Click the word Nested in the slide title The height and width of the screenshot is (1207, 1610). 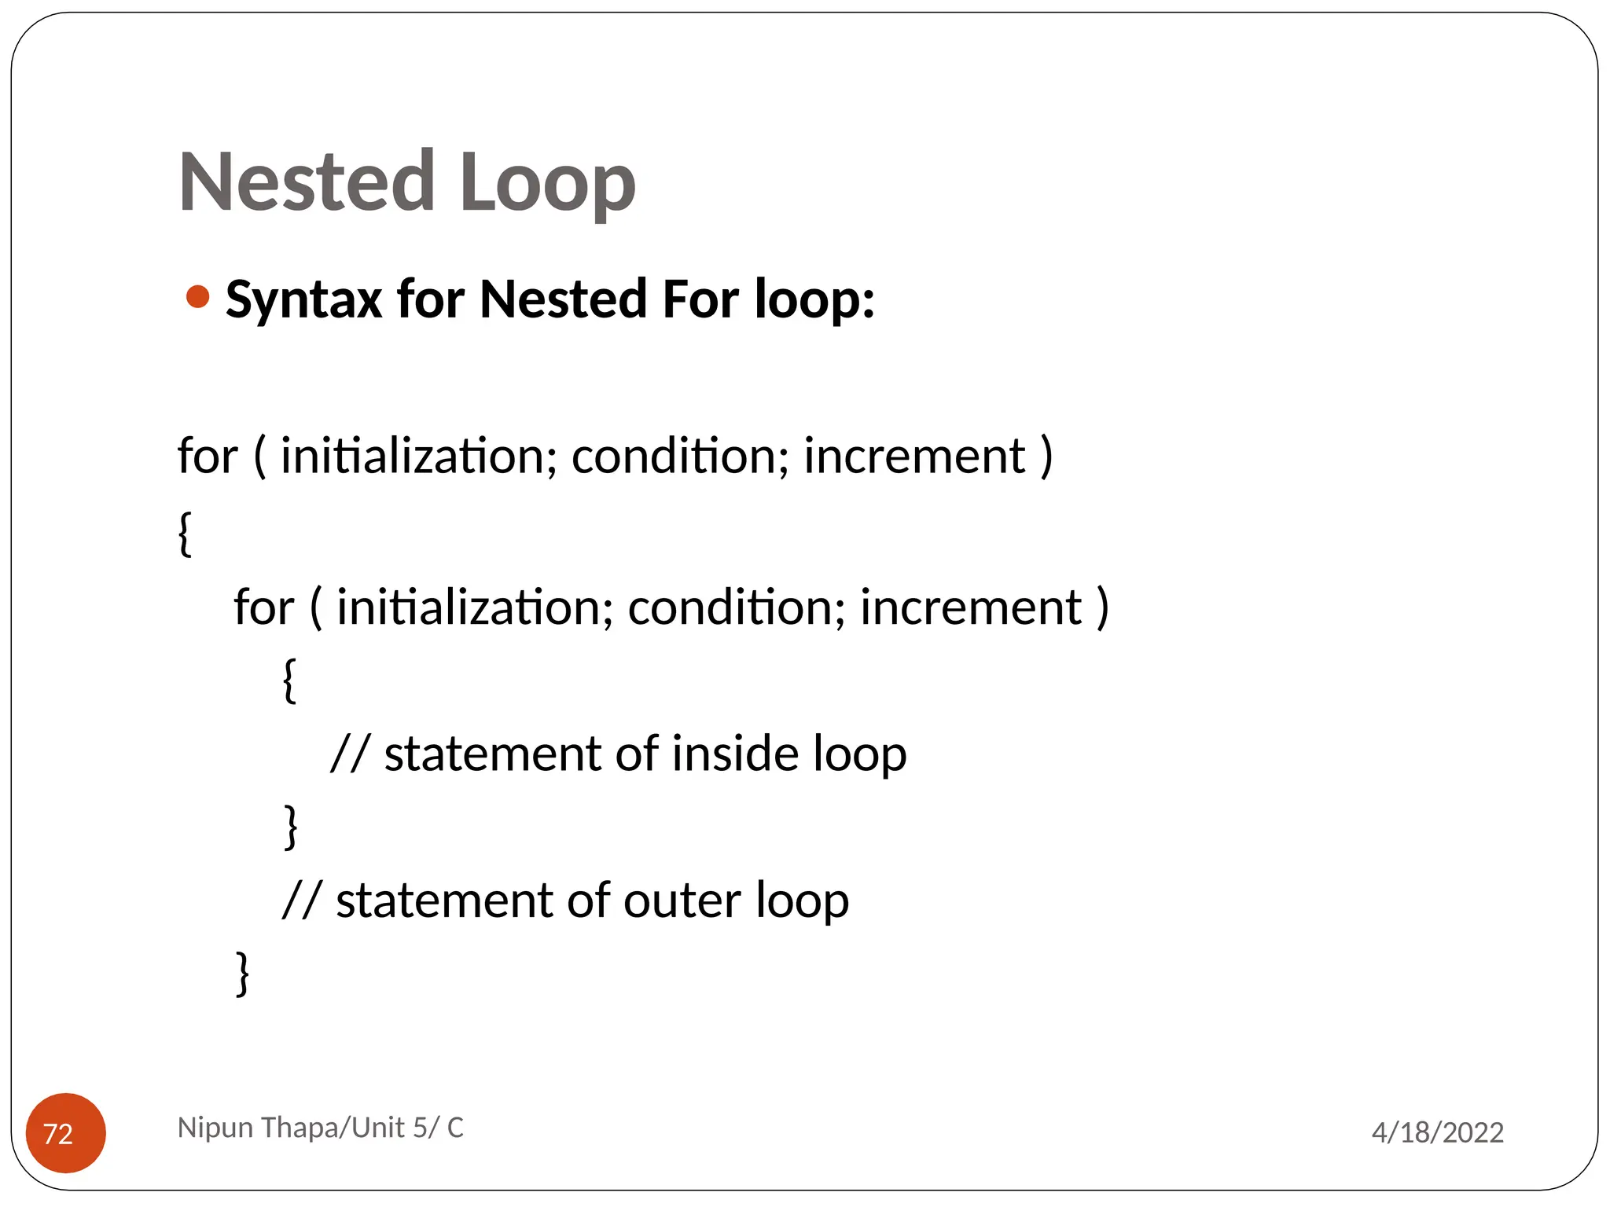[307, 182]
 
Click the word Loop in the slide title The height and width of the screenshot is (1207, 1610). [547, 182]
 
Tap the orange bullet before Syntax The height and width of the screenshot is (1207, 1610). [197, 297]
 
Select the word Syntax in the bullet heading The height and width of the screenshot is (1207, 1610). [303, 300]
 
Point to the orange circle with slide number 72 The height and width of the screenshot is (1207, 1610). [66, 1132]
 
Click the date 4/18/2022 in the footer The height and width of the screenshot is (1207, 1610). [1437, 1132]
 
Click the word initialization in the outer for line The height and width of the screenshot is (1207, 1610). [418, 456]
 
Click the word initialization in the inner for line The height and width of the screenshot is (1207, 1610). [475, 607]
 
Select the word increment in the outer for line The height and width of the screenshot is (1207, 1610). [914, 456]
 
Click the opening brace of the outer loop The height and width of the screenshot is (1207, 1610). [185, 534]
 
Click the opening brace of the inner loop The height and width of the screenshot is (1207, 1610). [289, 681]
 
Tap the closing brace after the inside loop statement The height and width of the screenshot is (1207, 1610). [291, 827]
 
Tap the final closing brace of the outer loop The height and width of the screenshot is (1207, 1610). [243, 974]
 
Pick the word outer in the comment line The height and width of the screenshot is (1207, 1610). [682, 900]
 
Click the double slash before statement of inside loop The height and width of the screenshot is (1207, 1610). [349, 754]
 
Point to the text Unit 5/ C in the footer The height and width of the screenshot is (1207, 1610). [407, 1128]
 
